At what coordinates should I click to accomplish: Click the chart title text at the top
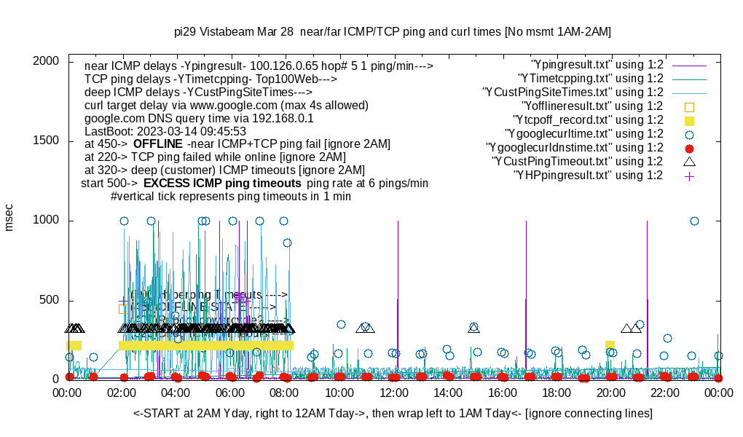(393, 32)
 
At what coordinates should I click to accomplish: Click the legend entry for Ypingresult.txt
(597, 65)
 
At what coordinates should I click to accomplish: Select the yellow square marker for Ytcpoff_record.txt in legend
(690, 120)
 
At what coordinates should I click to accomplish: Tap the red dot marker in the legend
(690, 148)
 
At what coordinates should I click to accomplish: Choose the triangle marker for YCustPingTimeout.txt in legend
(690, 162)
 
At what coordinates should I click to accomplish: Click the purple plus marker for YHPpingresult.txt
(690, 176)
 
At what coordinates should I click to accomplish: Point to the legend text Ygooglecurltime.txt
(583, 134)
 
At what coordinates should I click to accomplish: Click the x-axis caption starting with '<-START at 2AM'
(393, 414)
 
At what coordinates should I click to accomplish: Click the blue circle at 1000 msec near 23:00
(694, 221)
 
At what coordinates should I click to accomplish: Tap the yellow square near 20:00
(610, 345)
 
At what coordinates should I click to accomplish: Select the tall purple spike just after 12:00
(398, 291)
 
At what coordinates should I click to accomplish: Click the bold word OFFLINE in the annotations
(157, 144)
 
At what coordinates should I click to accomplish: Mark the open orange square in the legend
(690, 106)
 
